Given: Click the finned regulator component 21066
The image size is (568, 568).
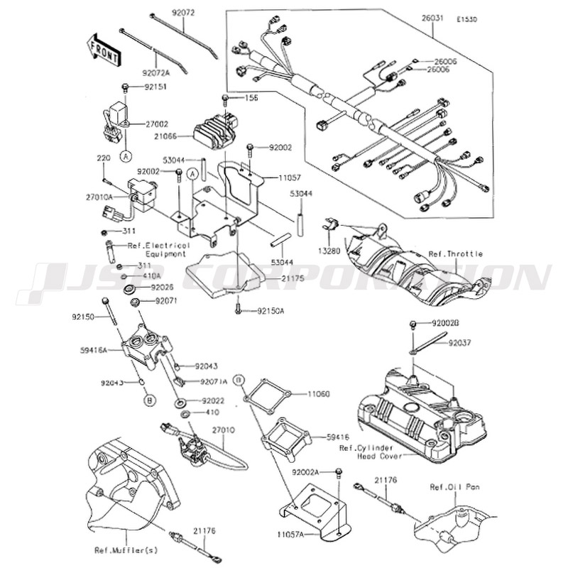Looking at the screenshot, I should click(x=219, y=130).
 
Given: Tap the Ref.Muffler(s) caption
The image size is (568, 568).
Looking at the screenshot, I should click(x=126, y=550).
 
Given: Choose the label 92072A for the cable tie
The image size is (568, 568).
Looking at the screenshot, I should click(x=157, y=72).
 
